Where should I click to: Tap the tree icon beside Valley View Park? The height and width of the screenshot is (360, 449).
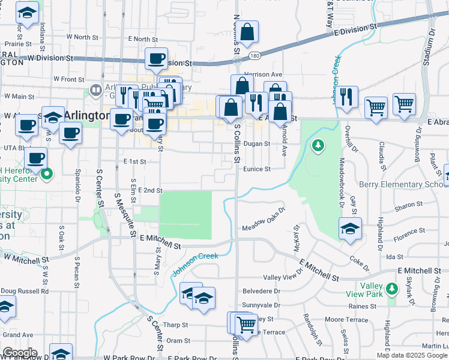[x=392, y=289]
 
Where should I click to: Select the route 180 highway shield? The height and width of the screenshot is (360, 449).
[x=255, y=56]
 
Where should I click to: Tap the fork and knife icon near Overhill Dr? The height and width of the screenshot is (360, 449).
[x=346, y=97]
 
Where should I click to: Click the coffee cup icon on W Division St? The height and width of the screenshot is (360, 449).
[x=156, y=59]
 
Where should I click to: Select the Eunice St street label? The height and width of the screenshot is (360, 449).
[x=258, y=169]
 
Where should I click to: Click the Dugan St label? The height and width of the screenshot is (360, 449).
[x=258, y=144]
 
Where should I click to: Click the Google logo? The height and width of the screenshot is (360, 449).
[x=19, y=353]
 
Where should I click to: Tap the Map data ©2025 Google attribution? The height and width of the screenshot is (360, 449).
[x=411, y=355]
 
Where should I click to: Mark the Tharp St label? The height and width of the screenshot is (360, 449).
[x=175, y=325]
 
